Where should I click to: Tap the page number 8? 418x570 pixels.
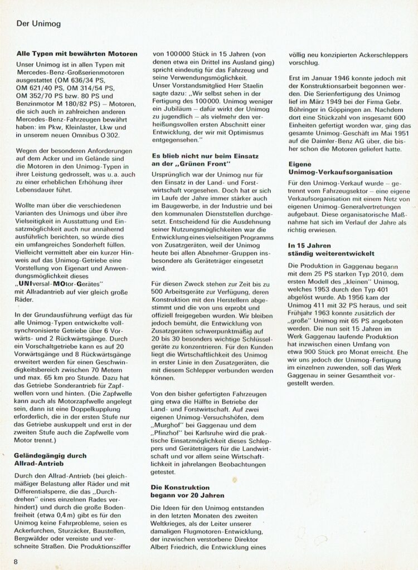click(x=17, y=559)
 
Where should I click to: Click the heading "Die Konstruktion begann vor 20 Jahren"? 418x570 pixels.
click(x=187, y=490)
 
